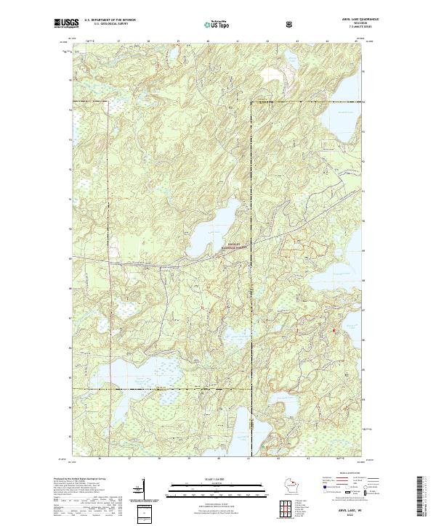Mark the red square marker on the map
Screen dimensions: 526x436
tap(334, 331)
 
